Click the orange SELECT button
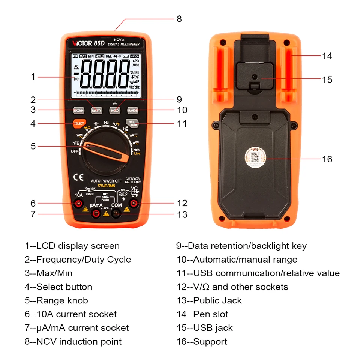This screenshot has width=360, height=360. click(79, 123)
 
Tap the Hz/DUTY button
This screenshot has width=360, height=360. click(97, 110)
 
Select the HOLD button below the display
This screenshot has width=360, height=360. click(115, 110)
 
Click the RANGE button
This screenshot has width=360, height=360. click(132, 110)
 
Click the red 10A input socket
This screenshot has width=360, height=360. click(79, 204)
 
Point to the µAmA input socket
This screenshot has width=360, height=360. click(96, 214)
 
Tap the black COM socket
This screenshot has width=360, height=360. click(117, 214)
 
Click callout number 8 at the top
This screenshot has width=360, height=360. click(179, 19)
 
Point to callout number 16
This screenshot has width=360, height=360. click(327, 159)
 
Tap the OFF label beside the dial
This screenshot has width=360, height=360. click(75, 151)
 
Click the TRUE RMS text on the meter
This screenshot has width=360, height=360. click(106, 186)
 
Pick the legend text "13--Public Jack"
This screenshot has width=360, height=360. click(209, 301)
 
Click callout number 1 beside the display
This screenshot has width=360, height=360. click(33, 76)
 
